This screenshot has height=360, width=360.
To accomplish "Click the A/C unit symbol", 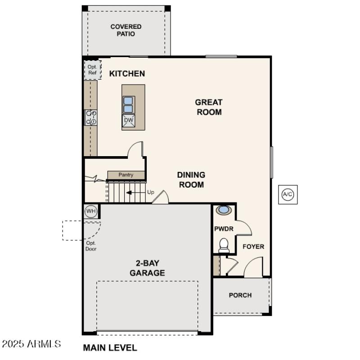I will click(x=288, y=194).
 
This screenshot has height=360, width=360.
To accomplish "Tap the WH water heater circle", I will click(x=91, y=211).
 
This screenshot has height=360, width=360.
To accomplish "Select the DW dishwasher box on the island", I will click(x=128, y=120).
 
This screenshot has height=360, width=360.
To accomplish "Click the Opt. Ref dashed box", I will click(x=92, y=70).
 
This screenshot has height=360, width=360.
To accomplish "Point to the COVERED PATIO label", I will click(x=126, y=30).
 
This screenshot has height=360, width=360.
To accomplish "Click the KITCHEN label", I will click(x=127, y=73).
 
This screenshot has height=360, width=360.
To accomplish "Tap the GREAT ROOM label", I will click(x=209, y=107).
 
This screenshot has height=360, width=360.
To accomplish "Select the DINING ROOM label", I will click(x=191, y=180).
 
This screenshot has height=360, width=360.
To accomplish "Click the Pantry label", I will click(x=126, y=175).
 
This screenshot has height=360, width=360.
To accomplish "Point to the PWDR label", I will click(x=224, y=229).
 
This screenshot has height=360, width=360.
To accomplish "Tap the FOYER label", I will click(x=253, y=247).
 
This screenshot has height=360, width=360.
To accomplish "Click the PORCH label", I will click(x=240, y=295).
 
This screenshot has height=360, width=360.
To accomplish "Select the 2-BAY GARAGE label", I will click(x=147, y=268).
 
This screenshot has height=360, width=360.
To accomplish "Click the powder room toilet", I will click(x=224, y=245).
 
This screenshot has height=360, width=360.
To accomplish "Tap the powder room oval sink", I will click(x=224, y=210).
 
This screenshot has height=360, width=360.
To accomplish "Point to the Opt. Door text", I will click(x=91, y=246).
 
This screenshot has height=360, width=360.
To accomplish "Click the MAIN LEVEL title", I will click(x=110, y=347).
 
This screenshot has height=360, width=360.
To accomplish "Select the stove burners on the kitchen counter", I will click(x=91, y=117).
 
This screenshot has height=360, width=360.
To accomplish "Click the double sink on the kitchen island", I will click(x=128, y=104).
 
